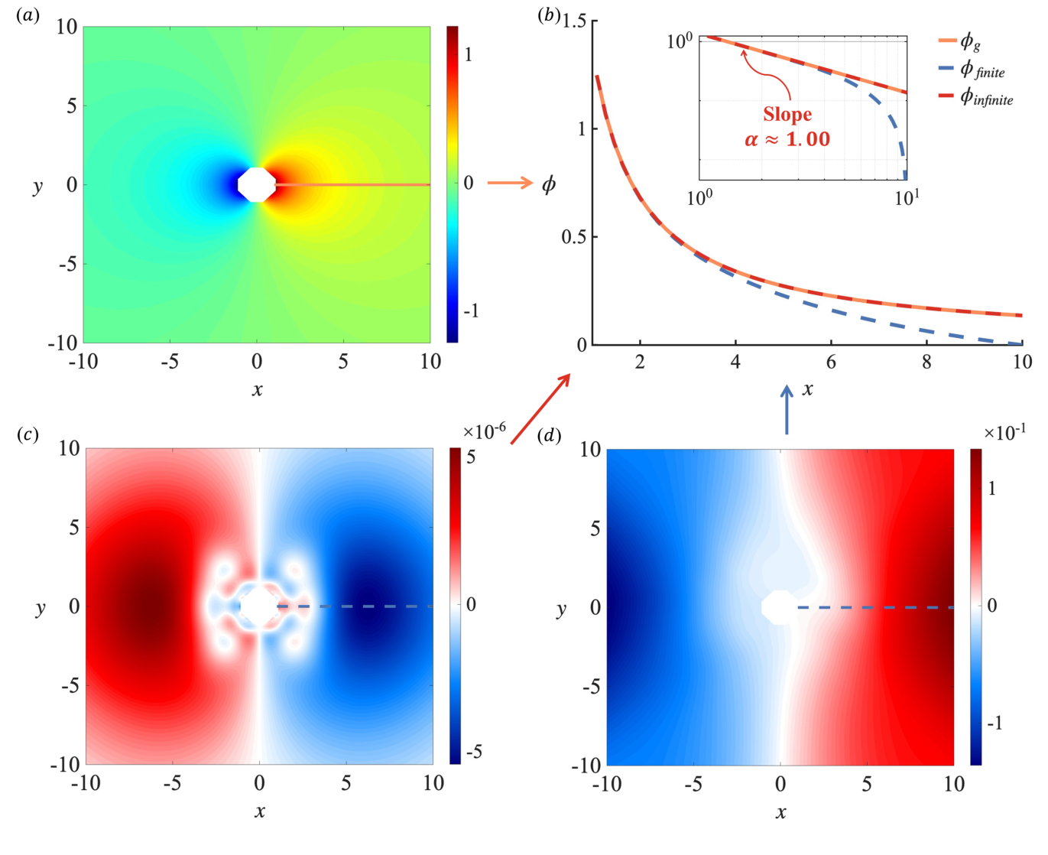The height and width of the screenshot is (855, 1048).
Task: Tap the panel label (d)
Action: tap(549, 436)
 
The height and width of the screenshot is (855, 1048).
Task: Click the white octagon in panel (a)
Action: tap(257, 184)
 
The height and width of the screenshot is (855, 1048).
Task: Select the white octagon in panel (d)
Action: tap(780, 607)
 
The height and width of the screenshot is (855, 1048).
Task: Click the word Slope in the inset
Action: tap(787, 115)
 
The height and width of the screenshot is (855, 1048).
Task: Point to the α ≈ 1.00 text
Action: tap(787, 139)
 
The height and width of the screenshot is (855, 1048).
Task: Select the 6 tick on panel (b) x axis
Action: tap(831, 362)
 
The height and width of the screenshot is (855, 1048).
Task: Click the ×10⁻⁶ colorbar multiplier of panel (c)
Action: tap(484, 431)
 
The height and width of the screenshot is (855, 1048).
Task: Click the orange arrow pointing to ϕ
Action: tap(510, 182)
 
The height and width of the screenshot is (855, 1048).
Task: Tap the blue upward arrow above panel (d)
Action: tap(787, 409)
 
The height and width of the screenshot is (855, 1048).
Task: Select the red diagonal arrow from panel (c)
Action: tap(540, 408)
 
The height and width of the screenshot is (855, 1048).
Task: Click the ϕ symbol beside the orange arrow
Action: tap(548, 184)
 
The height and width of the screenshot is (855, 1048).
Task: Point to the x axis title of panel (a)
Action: tap(257, 389)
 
